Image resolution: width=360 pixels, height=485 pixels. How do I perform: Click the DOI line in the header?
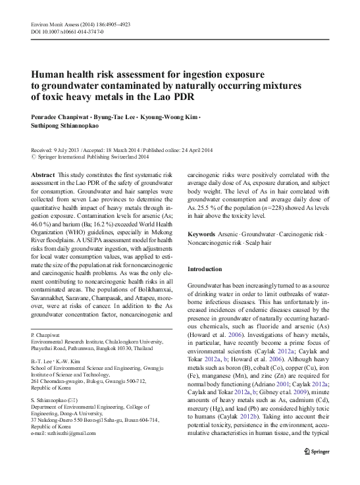(x=63, y=32)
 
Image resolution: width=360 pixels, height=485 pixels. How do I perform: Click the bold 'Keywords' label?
(x=203, y=234)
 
